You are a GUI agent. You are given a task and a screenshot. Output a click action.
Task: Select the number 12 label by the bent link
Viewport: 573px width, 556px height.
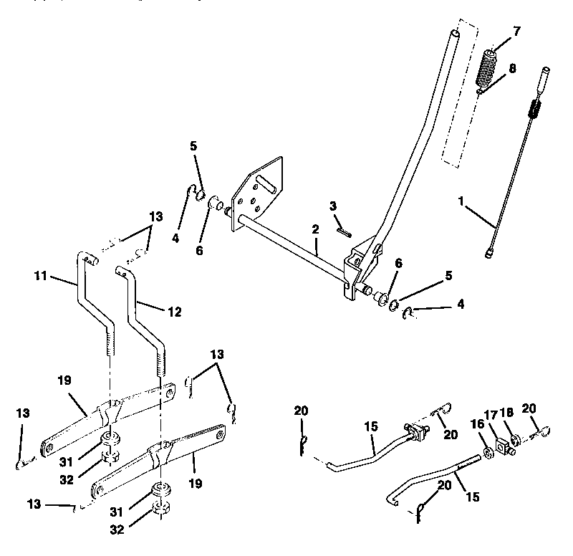(x=174, y=312)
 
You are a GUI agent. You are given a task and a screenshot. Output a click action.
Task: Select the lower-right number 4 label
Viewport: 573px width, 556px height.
(x=461, y=304)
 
